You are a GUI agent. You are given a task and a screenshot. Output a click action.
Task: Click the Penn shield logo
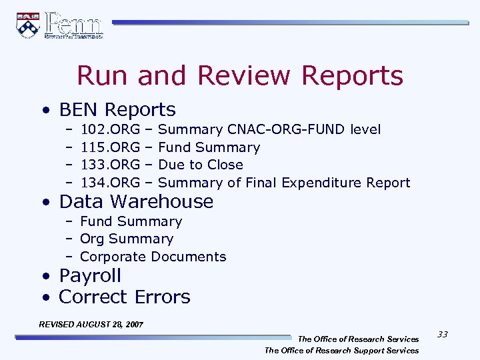[28, 25]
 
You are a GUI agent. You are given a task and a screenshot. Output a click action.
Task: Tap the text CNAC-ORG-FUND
[286, 129]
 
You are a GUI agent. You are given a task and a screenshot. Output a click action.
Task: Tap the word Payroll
[90, 275]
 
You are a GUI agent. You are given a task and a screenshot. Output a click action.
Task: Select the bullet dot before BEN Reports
[44, 111]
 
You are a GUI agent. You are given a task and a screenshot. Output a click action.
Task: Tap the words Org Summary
[127, 239]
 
